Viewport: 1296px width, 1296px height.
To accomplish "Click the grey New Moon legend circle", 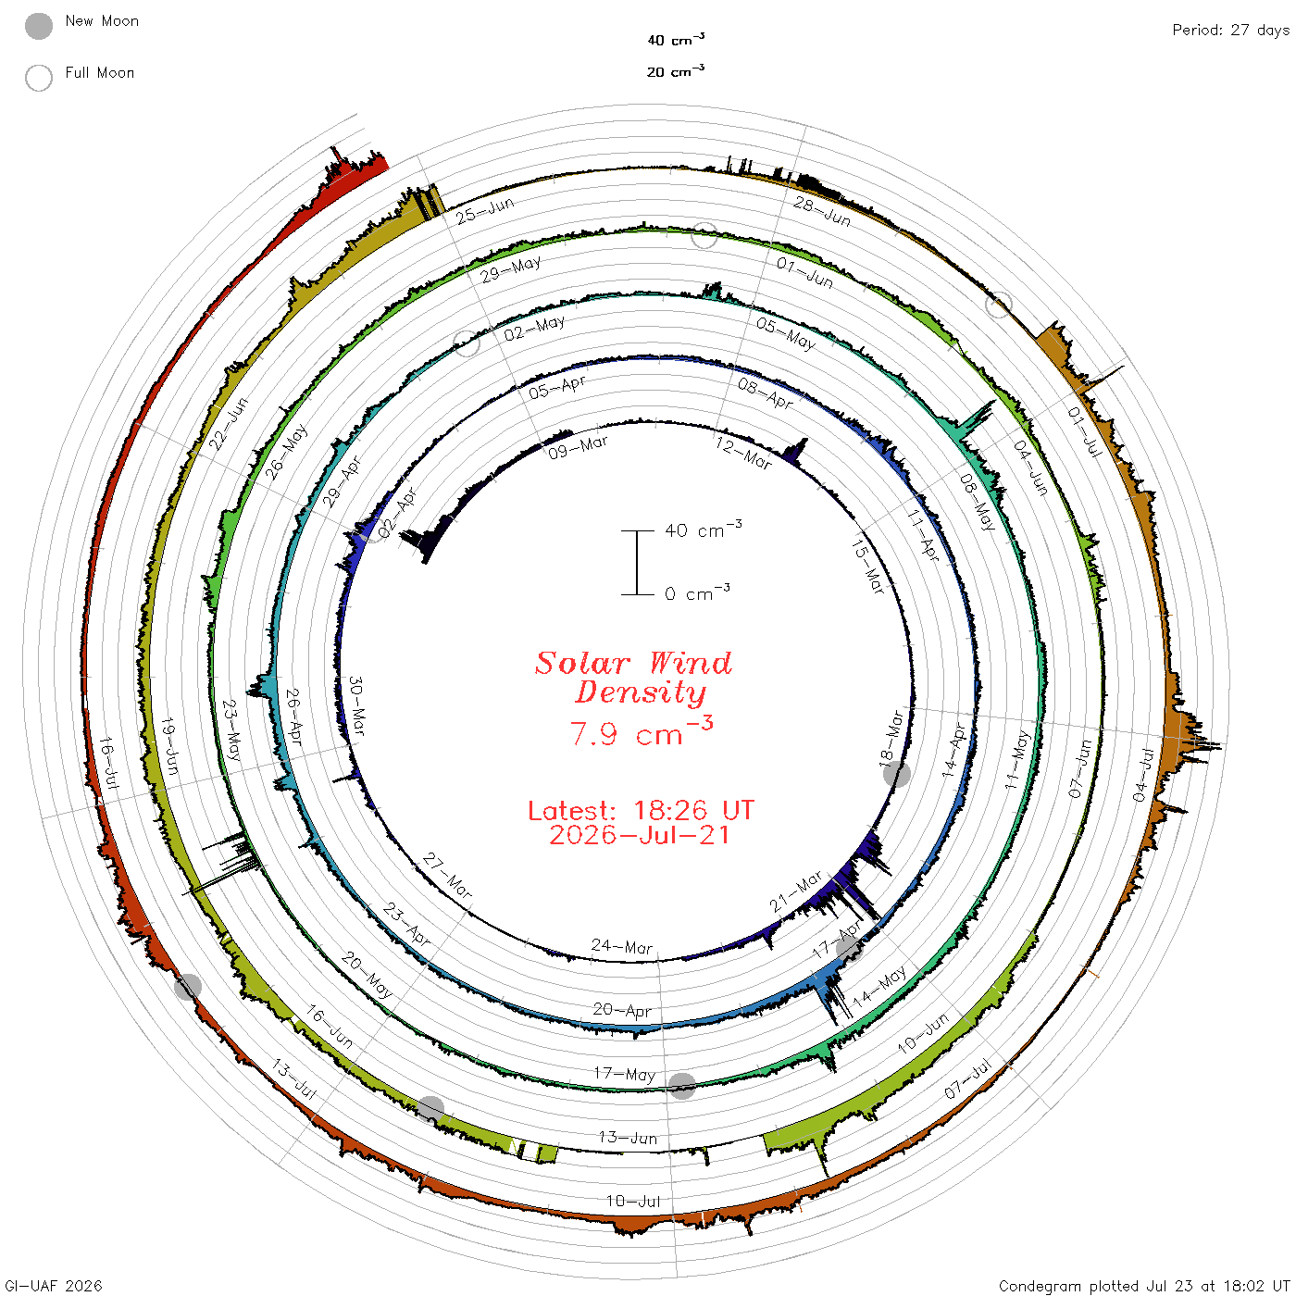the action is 38,26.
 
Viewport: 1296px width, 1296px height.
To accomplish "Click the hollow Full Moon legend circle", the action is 38,78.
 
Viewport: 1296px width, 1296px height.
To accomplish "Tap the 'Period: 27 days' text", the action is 1230,31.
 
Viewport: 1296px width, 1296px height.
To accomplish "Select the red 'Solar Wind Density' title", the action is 633,678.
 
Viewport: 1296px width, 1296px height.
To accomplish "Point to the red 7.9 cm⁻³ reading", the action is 641,731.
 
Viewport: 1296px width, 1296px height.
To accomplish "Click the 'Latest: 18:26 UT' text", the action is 641,810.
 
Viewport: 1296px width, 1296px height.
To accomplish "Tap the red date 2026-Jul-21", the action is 639,835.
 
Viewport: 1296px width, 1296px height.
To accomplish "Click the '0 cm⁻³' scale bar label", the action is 697,592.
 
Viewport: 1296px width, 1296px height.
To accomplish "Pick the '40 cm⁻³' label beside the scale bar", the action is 703,529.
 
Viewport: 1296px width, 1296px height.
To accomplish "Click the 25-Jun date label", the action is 485,210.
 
